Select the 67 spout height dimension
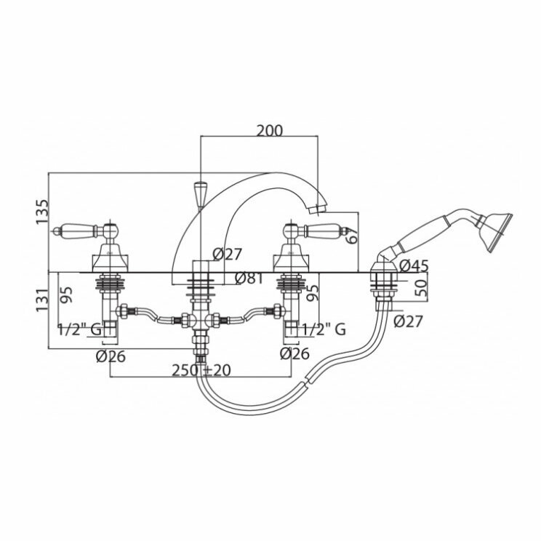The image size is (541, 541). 351,234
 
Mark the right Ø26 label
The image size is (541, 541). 294,355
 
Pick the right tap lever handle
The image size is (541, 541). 325,232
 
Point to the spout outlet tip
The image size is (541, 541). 316,210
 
